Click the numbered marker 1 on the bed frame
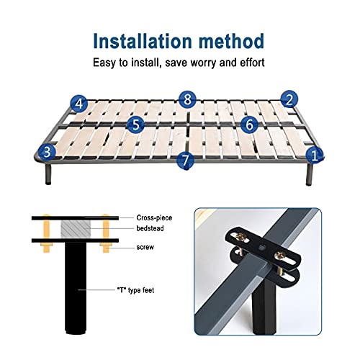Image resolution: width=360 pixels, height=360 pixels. click(x=315, y=155)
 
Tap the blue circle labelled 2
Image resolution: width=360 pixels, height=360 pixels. click(x=289, y=99)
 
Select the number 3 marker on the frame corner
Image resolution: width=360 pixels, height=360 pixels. click(x=47, y=152)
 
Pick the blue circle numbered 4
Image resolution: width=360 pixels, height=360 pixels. click(x=79, y=104)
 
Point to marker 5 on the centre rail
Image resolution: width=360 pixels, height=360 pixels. click(x=136, y=125)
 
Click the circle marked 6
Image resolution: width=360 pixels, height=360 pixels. click(x=250, y=125)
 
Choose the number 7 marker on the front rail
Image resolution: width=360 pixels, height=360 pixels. click(x=185, y=160)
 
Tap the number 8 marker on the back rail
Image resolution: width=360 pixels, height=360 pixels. click(x=188, y=99)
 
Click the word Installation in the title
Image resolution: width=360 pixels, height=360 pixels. click(x=143, y=41)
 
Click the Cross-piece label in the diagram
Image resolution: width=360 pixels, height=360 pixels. click(x=154, y=218)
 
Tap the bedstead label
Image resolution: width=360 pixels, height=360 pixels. click(x=150, y=228)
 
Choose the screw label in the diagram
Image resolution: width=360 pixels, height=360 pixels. click(x=145, y=247)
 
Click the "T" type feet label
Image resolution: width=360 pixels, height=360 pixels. click(x=135, y=290)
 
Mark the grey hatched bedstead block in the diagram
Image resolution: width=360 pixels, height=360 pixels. click(x=76, y=229)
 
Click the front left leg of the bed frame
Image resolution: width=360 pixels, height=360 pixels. click(x=48, y=174)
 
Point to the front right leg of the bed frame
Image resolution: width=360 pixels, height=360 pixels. click(x=309, y=175)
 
